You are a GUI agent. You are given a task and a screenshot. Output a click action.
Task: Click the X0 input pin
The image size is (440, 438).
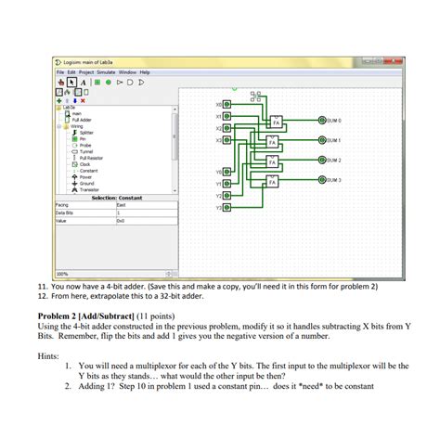[x=228, y=104]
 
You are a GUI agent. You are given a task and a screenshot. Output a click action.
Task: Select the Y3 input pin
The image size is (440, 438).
[x=228, y=208]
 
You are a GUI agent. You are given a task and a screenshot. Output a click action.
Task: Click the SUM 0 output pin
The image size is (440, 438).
[x=323, y=121]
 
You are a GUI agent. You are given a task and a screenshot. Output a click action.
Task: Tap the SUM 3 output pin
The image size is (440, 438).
[x=323, y=180]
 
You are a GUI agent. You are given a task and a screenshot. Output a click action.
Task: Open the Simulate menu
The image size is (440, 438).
[x=103, y=71]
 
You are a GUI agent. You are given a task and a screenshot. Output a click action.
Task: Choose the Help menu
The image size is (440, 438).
[x=145, y=71]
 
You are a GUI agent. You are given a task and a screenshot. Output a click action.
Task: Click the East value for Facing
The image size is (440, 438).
[x=121, y=204]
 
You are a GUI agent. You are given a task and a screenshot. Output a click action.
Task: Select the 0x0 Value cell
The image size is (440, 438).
[x=121, y=221]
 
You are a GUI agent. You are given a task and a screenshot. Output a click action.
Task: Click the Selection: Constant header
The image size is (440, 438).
[x=116, y=197]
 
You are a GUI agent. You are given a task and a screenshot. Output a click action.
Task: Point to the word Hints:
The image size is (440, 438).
[x=49, y=354]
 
